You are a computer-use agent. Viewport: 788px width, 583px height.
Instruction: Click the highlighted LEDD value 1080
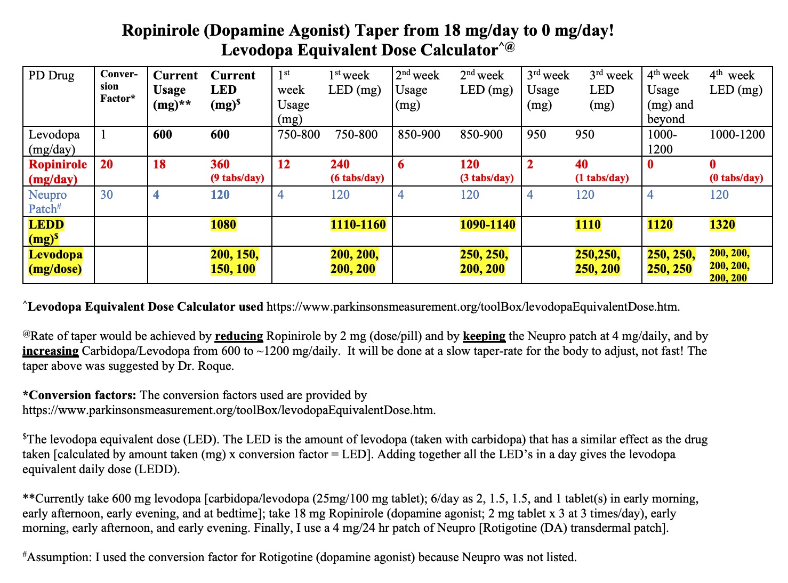coord(223,224)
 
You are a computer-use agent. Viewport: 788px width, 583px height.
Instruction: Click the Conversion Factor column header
coord(118,86)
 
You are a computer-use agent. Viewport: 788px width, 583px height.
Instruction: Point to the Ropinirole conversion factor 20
coord(107,164)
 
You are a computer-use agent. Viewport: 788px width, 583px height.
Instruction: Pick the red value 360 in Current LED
coord(220,164)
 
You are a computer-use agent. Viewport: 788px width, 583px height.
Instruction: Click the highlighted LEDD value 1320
coord(722,224)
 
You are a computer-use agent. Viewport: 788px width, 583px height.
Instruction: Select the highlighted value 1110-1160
coord(358,224)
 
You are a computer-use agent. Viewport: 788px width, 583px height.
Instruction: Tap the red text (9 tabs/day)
coord(237,178)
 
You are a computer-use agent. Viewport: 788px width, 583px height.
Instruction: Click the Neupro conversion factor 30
coord(107,195)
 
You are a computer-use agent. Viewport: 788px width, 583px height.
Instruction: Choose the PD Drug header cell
coord(52,76)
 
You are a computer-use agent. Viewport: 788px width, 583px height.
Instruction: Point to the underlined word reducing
coord(239,336)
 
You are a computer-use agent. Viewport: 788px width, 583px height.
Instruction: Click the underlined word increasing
coord(51,351)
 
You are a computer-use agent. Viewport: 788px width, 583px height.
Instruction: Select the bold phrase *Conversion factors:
coord(79,395)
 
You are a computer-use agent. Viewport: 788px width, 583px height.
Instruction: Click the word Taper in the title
coord(379,30)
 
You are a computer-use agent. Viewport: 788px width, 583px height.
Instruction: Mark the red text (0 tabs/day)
coord(736,178)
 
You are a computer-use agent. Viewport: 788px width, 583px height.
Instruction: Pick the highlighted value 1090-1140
coord(487,224)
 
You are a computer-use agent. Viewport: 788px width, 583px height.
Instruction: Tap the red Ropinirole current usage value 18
coord(159,164)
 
